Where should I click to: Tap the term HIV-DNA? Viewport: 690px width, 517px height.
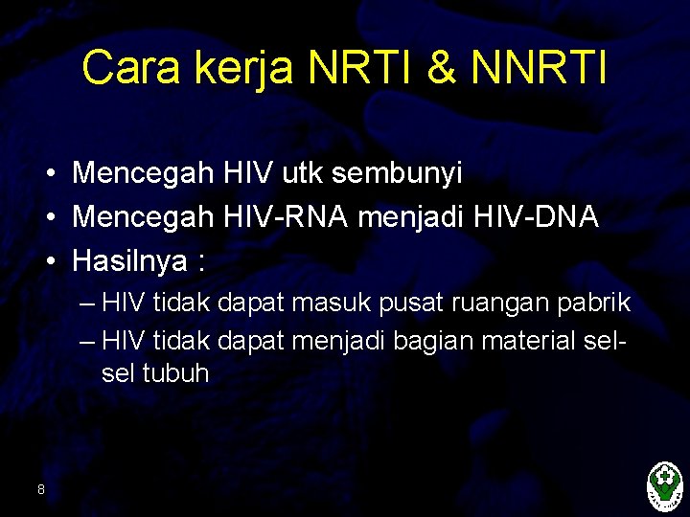click(536, 216)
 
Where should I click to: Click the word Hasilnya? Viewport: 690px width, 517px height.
click(129, 260)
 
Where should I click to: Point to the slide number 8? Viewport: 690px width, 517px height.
click(40, 490)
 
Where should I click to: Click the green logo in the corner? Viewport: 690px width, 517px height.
click(664, 486)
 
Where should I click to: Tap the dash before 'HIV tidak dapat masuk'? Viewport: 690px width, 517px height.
click(89, 304)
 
